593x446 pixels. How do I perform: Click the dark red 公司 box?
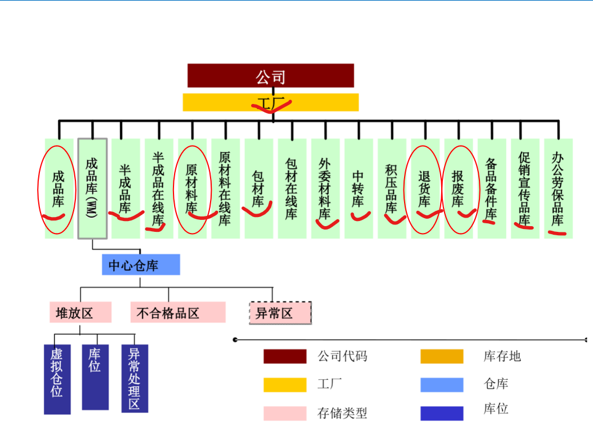tap(271, 75)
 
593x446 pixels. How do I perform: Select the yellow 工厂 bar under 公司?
tap(271, 102)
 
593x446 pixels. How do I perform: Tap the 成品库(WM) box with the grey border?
tap(92, 188)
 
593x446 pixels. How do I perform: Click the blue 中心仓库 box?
tap(141, 265)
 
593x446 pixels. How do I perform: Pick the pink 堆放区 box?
tap(80, 312)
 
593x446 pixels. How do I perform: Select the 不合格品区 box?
tap(178, 312)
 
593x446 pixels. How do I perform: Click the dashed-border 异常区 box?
tap(280, 313)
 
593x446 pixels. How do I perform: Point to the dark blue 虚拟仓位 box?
tap(57, 379)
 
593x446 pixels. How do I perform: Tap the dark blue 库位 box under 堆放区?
tap(95, 377)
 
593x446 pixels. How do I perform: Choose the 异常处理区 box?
tap(135, 378)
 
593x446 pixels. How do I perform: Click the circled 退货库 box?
tap(425, 188)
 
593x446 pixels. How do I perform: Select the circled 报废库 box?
tap(458, 188)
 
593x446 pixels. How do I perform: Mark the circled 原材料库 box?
tap(192, 188)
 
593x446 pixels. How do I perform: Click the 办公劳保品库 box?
tap(558, 188)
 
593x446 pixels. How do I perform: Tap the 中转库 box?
tap(358, 188)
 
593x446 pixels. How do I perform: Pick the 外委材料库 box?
tap(325, 188)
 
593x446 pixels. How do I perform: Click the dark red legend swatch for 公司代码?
tap(285, 356)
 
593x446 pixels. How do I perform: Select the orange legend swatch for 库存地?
tap(442, 356)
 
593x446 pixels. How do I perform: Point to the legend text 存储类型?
tap(342, 413)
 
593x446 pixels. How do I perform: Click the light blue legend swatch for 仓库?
tap(442, 384)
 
